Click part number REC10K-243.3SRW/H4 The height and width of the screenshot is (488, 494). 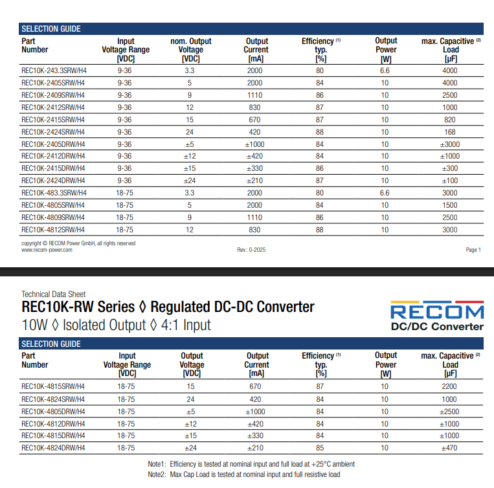[53, 71]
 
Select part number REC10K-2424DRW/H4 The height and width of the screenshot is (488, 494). [53, 181]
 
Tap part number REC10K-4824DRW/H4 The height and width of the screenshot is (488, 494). [53, 448]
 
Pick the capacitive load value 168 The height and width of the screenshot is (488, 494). [449, 132]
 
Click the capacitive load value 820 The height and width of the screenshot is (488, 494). [449, 120]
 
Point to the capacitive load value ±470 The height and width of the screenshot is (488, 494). [450, 448]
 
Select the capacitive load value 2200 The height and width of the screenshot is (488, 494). [450, 386]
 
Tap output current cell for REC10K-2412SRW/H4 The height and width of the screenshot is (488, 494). [254, 107]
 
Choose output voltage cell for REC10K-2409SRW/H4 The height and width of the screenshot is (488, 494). [190, 95]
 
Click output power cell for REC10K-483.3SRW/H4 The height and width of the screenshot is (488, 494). [385, 193]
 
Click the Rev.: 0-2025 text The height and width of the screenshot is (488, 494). [252, 250]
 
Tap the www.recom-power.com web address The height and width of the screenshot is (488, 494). [47, 250]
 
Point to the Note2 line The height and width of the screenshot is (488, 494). [243, 474]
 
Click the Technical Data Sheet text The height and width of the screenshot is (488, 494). [53, 294]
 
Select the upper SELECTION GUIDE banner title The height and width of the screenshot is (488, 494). [51, 29]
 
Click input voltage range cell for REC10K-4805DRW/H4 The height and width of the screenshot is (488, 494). [126, 411]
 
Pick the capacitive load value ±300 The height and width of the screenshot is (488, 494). [450, 168]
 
